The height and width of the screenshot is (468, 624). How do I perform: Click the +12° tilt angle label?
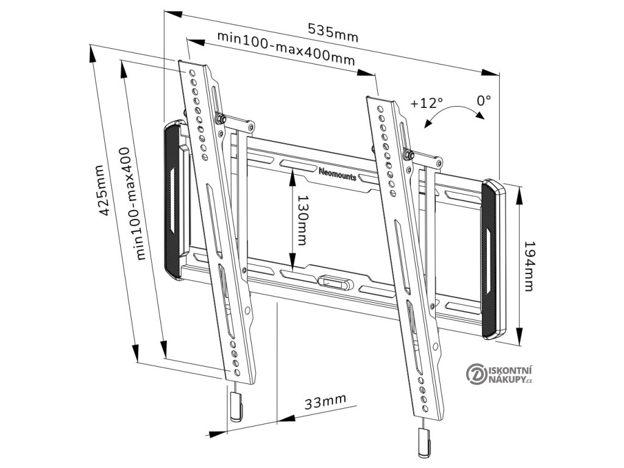pos(427,102)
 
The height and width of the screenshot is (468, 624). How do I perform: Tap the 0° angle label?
pos(484,99)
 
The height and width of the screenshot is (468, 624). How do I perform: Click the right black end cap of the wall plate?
pos(494,259)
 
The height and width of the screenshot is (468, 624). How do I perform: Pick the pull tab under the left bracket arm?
pos(235,406)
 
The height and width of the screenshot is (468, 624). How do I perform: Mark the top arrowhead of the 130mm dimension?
pos(293,173)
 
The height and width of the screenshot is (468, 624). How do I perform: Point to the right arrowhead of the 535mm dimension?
pos(491,71)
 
